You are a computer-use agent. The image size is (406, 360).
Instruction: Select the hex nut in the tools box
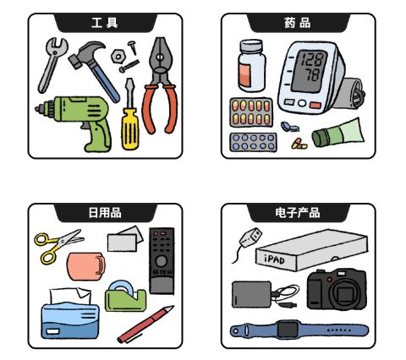[x=118, y=56]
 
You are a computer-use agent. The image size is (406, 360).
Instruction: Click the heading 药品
[x=298, y=23]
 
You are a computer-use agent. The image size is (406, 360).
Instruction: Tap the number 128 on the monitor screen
[x=314, y=59]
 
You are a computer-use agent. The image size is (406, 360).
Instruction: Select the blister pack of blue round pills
[x=253, y=142]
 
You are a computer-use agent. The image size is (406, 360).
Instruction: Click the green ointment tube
[x=337, y=134]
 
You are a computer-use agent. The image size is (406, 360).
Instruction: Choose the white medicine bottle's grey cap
[x=251, y=46]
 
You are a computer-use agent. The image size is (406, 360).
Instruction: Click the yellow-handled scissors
[x=58, y=245]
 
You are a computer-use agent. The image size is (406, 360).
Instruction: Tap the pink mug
[x=86, y=266]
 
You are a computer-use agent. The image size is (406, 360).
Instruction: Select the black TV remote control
[x=162, y=261]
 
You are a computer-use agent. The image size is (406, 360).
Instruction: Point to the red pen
[x=145, y=324]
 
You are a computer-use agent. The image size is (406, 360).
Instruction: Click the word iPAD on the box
[x=274, y=259]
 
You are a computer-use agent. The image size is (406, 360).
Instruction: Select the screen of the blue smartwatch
[x=288, y=329]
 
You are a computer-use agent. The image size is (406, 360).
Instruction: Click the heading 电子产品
[x=298, y=213]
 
